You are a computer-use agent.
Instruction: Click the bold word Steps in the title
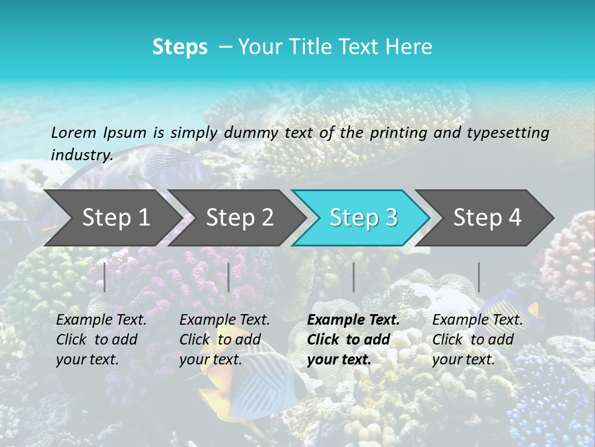(180, 47)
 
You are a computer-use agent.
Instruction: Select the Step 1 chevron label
(116, 217)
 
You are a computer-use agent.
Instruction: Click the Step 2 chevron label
(240, 217)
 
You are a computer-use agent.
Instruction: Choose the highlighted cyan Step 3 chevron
(363, 217)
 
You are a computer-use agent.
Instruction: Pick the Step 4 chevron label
(487, 217)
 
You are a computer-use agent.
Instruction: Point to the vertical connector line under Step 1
(105, 277)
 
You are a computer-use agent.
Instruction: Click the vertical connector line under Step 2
(229, 277)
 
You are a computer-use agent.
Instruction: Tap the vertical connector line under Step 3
(354, 277)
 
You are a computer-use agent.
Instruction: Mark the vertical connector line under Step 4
(479, 277)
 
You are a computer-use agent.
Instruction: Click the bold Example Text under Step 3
(353, 320)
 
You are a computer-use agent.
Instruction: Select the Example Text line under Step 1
(101, 320)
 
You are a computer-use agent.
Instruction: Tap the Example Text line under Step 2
(224, 320)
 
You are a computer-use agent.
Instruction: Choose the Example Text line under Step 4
(477, 320)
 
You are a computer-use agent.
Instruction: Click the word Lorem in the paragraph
(74, 133)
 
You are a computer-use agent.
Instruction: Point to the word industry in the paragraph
(81, 155)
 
